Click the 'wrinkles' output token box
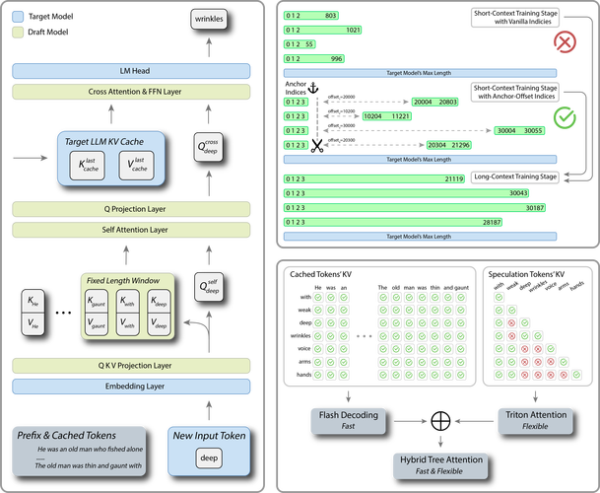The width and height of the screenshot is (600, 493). click(x=208, y=20)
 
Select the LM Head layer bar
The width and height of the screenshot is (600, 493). click(x=133, y=71)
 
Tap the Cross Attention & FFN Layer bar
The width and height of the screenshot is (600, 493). click(x=133, y=91)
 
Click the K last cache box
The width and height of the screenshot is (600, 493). click(x=93, y=164)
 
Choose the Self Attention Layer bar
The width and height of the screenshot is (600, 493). click(x=133, y=229)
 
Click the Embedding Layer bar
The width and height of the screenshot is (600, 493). click(x=133, y=386)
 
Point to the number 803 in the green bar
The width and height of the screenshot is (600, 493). click(x=331, y=16)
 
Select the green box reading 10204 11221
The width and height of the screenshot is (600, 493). click(x=386, y=116)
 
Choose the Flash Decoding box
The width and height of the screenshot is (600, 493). click(x=349, y=420)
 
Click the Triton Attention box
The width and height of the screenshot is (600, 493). click(x=536, y=420)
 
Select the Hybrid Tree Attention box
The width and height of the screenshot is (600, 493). click(x=440, y=465)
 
